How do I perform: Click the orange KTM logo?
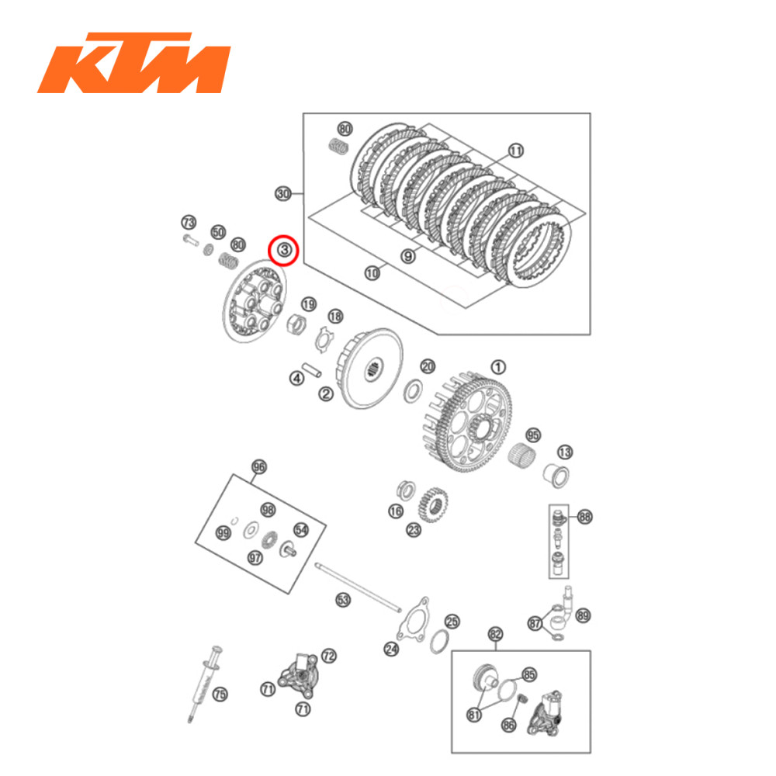click(x=133, y=62)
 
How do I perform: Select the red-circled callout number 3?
click(x=283, y=250)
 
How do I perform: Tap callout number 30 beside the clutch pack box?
click(x=283, y=194)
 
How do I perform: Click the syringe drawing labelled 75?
click(x=203, y=683)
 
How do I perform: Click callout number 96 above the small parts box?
click(x=259, y=467)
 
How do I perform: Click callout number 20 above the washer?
click(x=428, y=366)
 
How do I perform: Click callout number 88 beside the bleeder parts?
click(x=584, y=516)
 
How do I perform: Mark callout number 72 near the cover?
click(x=329, y=656)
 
